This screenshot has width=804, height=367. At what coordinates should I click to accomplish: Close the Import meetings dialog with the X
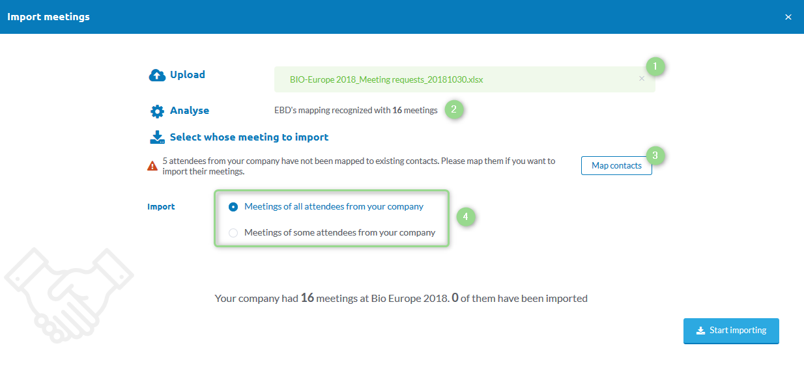tap(788, 17)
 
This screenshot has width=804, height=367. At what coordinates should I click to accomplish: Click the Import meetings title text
tap(48, 17)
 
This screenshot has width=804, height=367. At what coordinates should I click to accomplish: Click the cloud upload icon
tap(157, 75)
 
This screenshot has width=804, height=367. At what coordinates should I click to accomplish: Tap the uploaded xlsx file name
tap(386, 79)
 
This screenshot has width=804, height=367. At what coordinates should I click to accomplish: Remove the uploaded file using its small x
tap(642, 79)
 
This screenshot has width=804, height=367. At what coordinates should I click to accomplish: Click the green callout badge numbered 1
tap(655, 66)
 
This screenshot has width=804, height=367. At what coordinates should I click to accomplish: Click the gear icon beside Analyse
tap(157, 111)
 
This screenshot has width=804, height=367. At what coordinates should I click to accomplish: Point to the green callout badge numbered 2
tap(453, 109)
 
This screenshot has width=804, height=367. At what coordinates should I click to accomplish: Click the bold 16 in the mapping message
tap(397, 110)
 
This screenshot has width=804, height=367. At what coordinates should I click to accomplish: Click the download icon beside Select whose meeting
tap(157, 137)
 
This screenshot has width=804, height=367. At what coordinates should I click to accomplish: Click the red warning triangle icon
tap(152, 166)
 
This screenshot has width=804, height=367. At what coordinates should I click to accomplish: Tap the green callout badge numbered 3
tap(655, 156)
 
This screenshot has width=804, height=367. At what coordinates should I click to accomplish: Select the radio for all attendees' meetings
tap(233, 207)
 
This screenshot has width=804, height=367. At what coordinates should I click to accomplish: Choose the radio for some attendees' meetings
tap(233, 233)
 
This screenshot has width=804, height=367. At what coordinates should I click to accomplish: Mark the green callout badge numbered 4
tap(466, 217)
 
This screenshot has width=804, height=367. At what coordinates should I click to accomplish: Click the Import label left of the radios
tap(161, 207)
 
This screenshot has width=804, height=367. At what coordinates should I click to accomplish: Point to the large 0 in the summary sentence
tap(455, 297)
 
